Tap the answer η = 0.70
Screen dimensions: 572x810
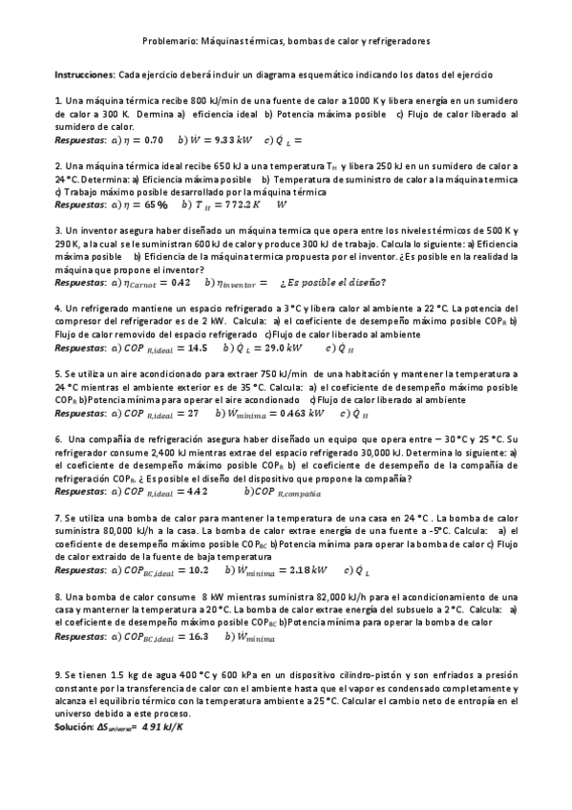141,139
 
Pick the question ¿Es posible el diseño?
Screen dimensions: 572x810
333,282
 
